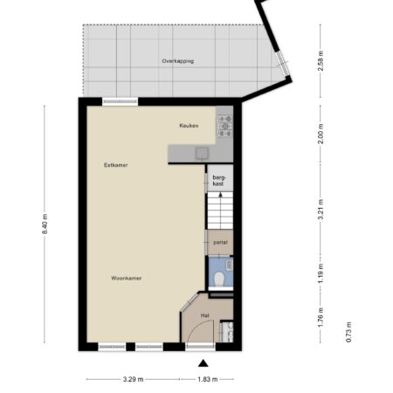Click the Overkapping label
click(x=178, y=61)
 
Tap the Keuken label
click(x=189, y=126)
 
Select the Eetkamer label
click(x=116, y=165)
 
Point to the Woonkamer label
click(x=127, y=279)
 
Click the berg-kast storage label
click(x=218, y=181)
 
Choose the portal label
click(x=220, y=242)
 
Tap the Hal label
click(x=205, y=315)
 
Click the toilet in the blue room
click(x=219, y=279)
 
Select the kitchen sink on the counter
click(x=202, y=154)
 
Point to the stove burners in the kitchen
click(x=225, y=126)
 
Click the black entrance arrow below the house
click(x=203, y=363)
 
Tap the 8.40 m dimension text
click(x=45, y=224)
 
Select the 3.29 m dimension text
click(x=133, y=379)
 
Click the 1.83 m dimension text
click(x=208, y=379)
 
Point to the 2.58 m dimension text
click(x=321, y=60)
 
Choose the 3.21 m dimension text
click(x=321, y=210)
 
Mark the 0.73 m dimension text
click(x=348, y=332)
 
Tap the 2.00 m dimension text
click(x=321, y=134)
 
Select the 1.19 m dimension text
click(x=321, y=273)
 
